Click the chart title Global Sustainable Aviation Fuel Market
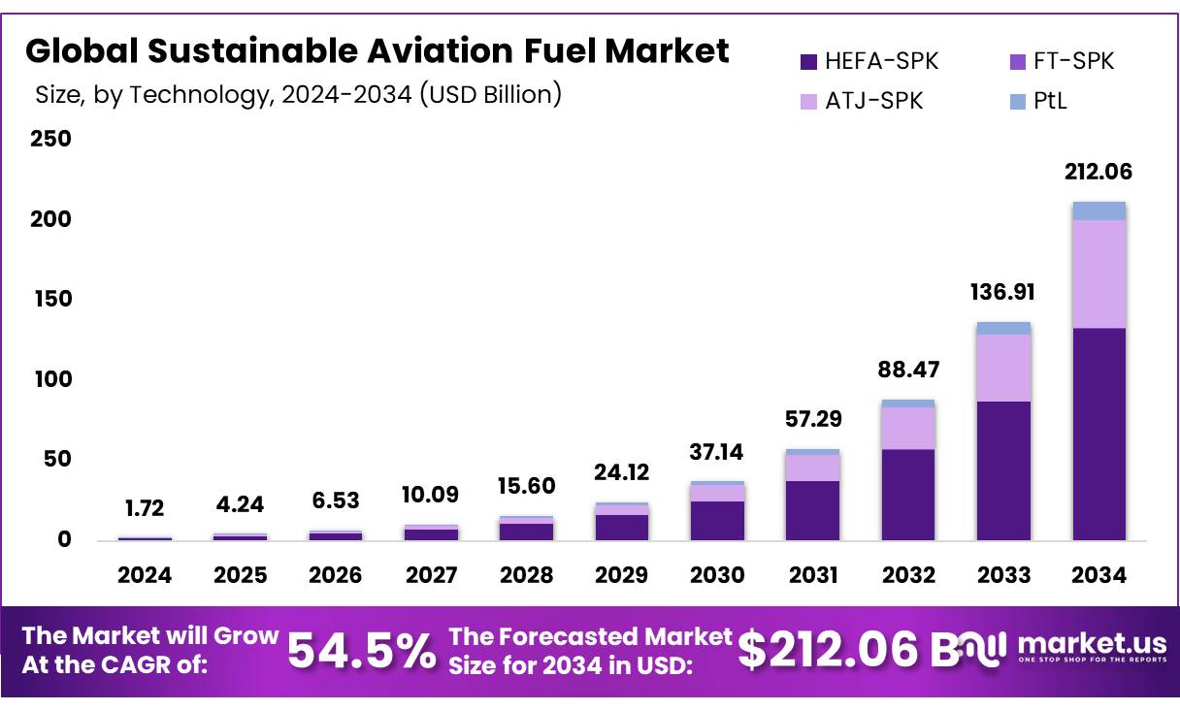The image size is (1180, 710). pyautogui.click(x=377, y=50)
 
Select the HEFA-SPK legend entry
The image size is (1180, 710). pyautogui.click(x=869, y=62)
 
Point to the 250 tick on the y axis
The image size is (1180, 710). pyautogui.click(x=50, y=139)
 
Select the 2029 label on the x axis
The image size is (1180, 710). pyautogui.click(x=621, y=575)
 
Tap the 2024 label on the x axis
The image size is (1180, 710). pyautogui.click(x=145, y=575)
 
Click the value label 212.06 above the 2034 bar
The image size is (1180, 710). pyautogui.click(x=1098, y=173)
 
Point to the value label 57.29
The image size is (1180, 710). pyautogui.click(x=812, y=420)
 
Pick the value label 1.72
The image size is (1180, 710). pyautogui.click(x=145, y=507)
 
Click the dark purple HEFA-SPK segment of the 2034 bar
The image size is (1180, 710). pyautogui.click(x=1098, y=434)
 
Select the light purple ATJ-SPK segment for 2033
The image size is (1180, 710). pyautogui.click(x=1003, y=368)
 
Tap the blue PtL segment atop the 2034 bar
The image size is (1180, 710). pyautogui.click(x=1098, y=210)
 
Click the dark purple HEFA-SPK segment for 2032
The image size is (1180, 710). pyautogui.click(x=908, y=495)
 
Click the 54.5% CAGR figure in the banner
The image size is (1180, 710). pyautogui.click(x=362, y=651)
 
